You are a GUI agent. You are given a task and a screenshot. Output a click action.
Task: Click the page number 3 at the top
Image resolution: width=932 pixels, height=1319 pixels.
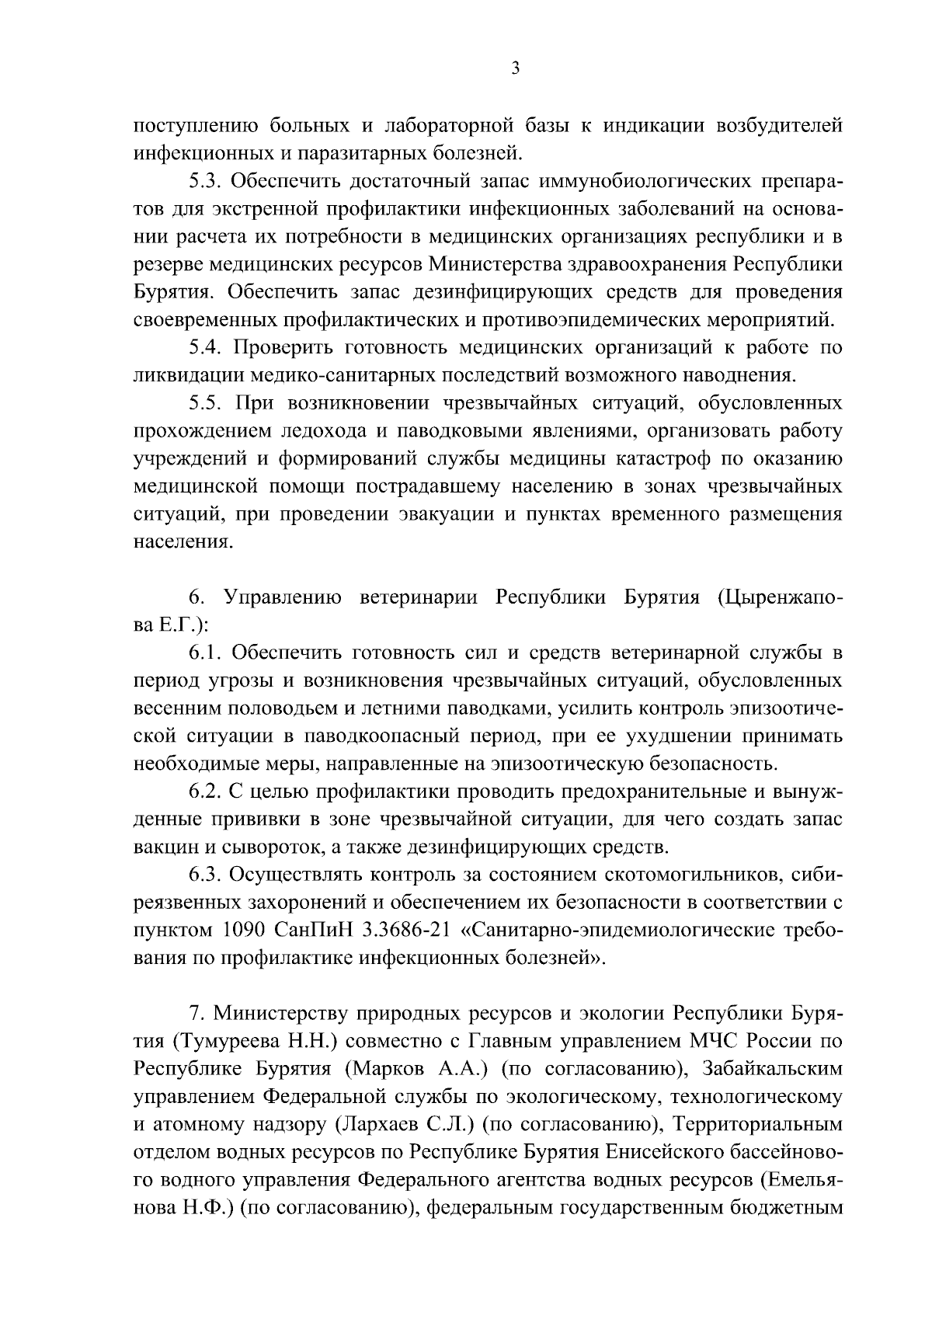(516, 68)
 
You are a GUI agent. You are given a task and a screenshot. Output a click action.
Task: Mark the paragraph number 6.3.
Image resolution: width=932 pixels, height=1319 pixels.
(205, 875)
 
